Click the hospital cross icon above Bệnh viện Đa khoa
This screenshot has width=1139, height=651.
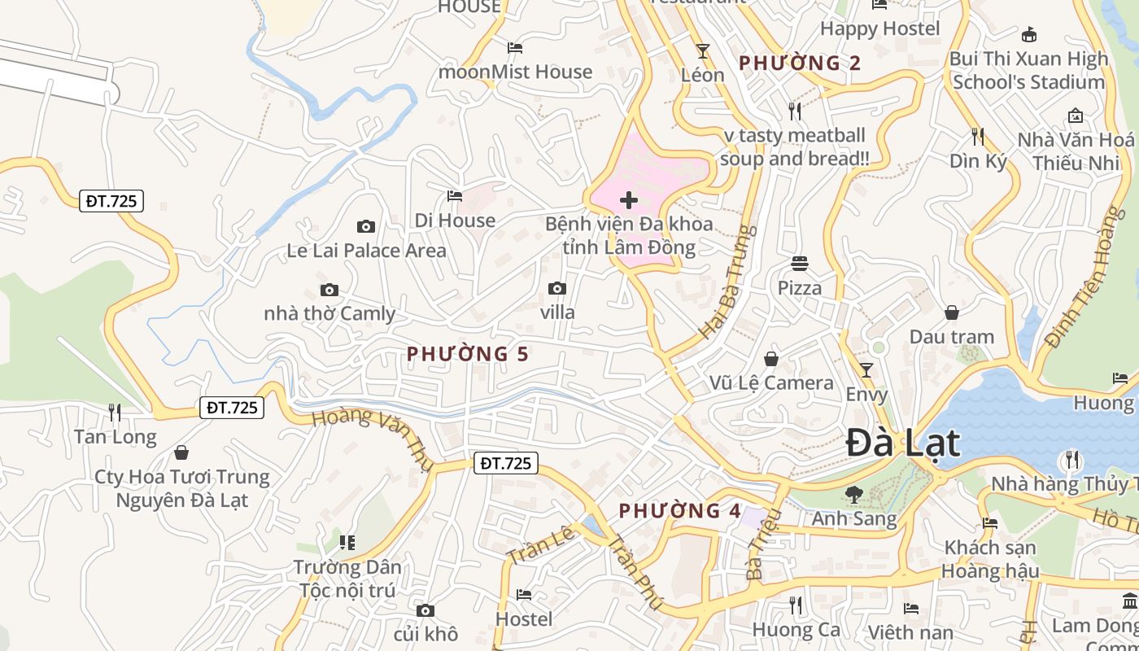point(629,199)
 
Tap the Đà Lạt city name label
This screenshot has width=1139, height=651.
point(903,443)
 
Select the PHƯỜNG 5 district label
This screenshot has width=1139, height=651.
point(468,354)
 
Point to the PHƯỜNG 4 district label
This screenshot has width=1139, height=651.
point(680,511)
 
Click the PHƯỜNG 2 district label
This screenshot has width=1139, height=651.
point(800,63)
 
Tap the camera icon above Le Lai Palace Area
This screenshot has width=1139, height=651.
point(366,227)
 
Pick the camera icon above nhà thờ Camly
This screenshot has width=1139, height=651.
point(329,290)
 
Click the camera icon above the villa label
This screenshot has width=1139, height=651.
point(557,288)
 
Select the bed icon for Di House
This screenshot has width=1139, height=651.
point(455,196)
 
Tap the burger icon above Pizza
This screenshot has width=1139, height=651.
point(800,264)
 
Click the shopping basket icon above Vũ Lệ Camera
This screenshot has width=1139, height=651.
point(771,359)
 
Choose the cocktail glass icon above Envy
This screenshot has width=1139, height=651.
point(866,370)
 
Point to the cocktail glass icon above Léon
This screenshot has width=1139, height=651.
point(703,51)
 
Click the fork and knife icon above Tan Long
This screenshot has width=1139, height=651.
point(115,413)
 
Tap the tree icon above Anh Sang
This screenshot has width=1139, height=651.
point(854,494)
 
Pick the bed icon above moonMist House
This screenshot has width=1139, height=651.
point(515,48)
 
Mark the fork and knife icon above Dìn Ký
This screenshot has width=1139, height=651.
point(978,137)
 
